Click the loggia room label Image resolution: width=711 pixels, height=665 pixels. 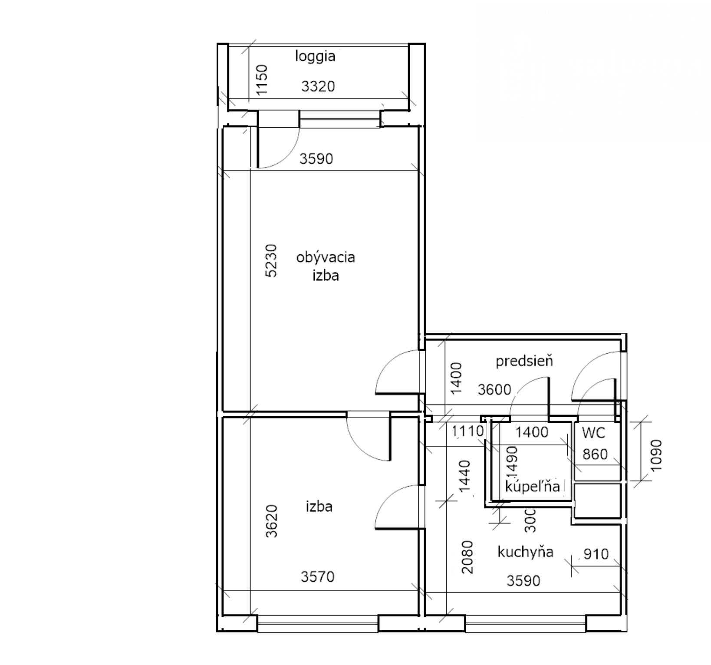(x=315, y=57)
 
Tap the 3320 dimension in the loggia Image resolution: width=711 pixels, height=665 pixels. (x=318, y=86)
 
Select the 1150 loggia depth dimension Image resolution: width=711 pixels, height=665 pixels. (x=262, y=80)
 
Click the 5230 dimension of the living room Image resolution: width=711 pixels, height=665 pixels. (x=270, y=261)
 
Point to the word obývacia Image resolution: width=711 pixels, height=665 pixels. (x=326, y=257)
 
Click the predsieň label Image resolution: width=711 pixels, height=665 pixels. (x=524, y=361)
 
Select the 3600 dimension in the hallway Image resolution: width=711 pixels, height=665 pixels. (x=494, y=390)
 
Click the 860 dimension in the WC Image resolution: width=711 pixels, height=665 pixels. (x=595, y=454)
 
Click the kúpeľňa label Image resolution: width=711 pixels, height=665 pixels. (x=533, y=487)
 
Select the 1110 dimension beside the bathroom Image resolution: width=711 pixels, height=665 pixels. (x=467, y=431)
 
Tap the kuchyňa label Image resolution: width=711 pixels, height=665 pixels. (x=525, y=552)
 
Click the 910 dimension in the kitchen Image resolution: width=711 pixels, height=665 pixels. (x=596, y=554)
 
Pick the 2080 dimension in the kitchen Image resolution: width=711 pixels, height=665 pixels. (x=467, y=557)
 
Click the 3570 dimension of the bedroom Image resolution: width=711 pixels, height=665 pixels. (x=318, y=577)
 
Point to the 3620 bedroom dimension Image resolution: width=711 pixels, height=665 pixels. (x=271, y=521)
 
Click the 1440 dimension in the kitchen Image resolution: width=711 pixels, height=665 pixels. (x=464, y=476)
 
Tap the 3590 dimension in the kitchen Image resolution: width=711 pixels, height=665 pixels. (x=523, y=581)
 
